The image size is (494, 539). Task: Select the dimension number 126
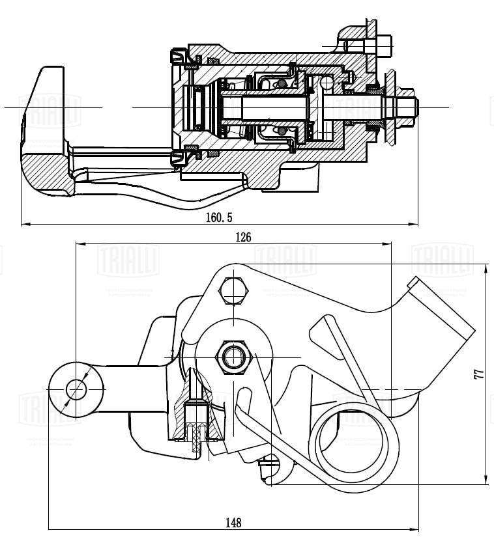pos(242,237)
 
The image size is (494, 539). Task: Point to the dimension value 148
pos(234,522)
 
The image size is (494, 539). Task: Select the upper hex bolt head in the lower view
pos(235,291)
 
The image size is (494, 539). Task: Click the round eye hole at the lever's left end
pos(76,389)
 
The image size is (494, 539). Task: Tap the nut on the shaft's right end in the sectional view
pos(404,107)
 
